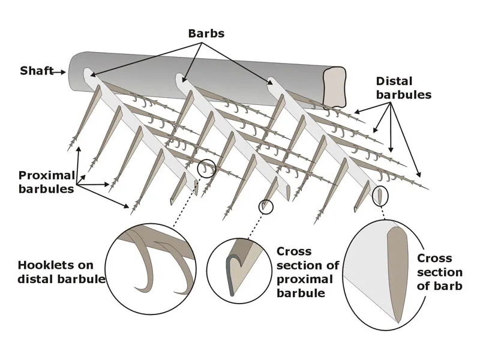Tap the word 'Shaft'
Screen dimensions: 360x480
pyautogui.click(x=34, y=71)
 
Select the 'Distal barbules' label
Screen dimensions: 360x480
pyautogui.click(x=403, y=87)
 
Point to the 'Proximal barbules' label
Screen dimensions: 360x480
pyautogui.click(x=47, y=182)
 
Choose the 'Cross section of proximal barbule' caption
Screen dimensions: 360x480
pyautogui.click(x=308, y=272)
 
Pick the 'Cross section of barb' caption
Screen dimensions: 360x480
pyautogui.click(x=439, y=272)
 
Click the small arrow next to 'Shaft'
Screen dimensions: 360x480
pyautogui.click(x=58, y=71)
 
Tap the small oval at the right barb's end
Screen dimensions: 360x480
pyautogui.click(x=380, y=196)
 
